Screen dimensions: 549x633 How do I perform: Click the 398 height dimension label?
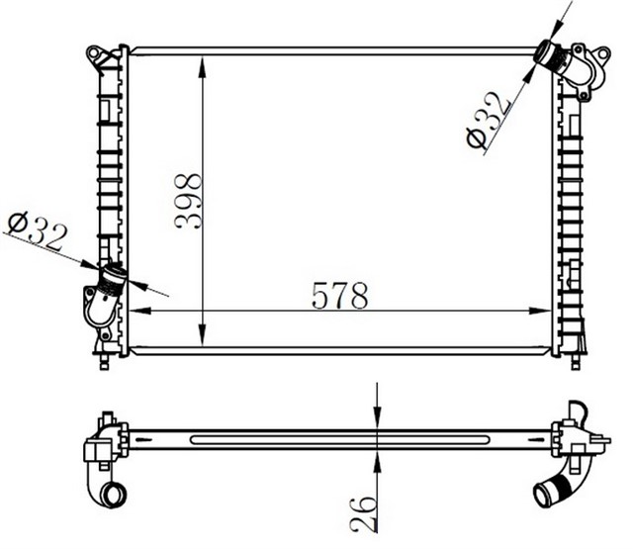coord(188,201)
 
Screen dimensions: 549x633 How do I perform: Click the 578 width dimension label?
coord(339,295)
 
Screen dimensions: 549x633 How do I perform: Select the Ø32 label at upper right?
coord(489,121)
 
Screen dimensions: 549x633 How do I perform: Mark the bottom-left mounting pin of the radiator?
coord(103,362)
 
